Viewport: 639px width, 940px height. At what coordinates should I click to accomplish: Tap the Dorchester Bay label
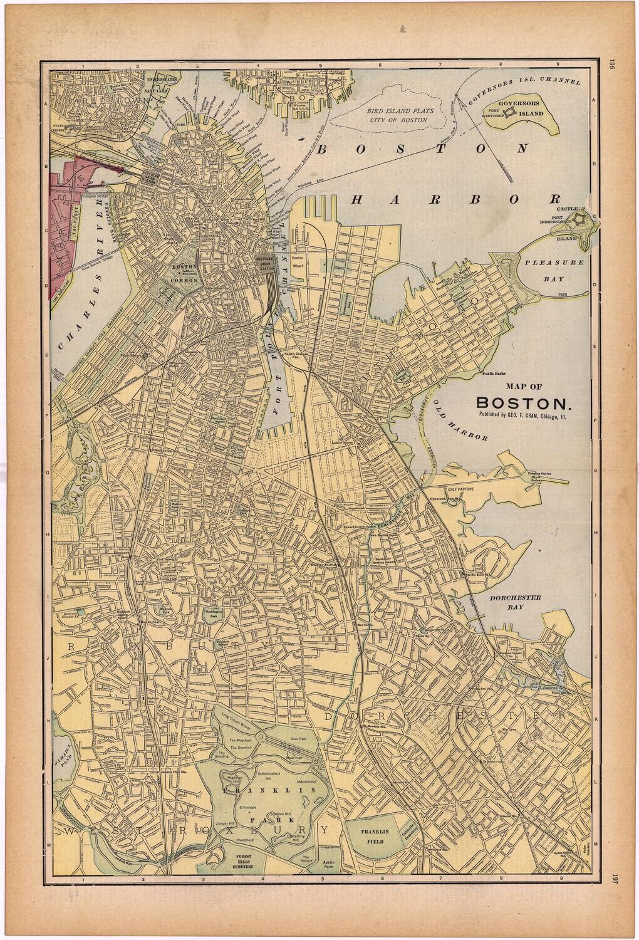(x=516, y=602)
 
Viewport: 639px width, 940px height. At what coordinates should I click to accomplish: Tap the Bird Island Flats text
(x=397, y=114)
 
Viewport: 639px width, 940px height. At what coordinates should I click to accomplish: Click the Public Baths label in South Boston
(x=494, y=375)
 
